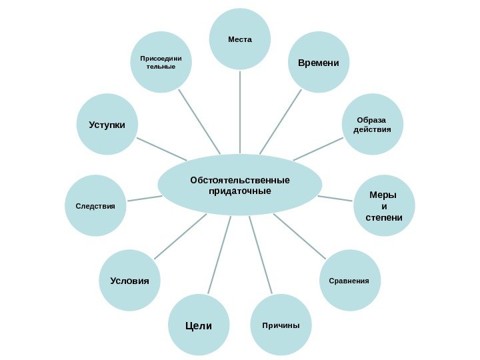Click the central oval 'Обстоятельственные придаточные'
pos(240,185)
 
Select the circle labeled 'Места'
pos(240,39)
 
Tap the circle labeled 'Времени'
pos(319,63)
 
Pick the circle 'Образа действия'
pos(373,124)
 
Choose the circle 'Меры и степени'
pos(384,207)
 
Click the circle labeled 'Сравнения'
pos(349,281)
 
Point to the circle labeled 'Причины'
pos(281,325)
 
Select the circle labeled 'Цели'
pos(198,325)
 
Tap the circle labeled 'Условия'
pos(130,281)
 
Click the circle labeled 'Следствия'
pos(95,207)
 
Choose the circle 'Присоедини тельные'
pos(161,63)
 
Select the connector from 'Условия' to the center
pos(180,237)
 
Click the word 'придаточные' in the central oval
pos(240,191)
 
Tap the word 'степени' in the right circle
pos(384,218)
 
